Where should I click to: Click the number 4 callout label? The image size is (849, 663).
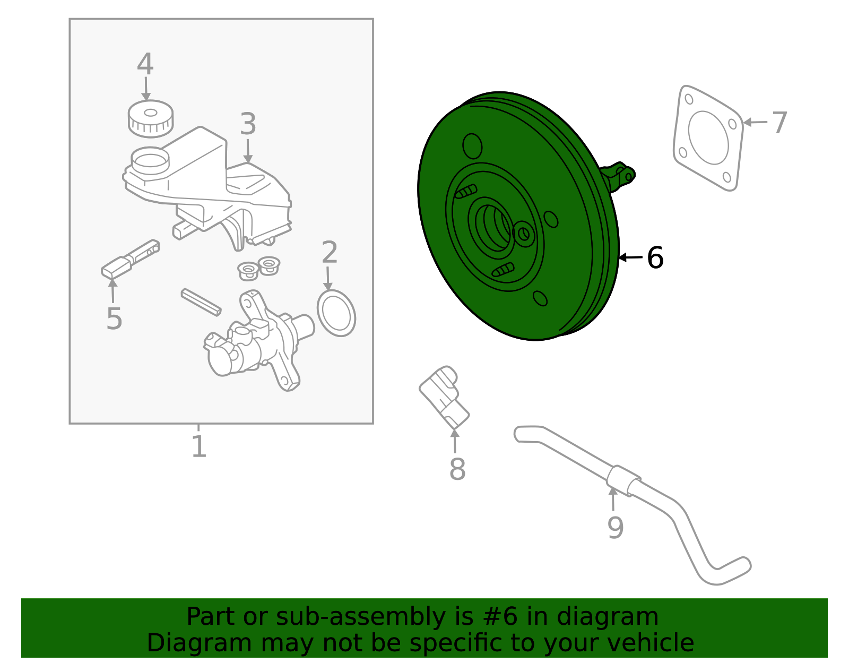pos(145,64)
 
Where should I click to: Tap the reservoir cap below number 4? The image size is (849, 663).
pos(150,117)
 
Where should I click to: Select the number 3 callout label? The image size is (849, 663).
pos(248,124)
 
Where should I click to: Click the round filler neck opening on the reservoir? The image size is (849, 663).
pos(150,159)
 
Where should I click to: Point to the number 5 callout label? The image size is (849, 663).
pos(114,318)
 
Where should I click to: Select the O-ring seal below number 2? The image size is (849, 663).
pos(336,313)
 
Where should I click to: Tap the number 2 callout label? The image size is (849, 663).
pos(330,252)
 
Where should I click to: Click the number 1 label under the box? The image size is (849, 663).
pos(198,446)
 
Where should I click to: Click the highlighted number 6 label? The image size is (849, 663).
pos(655,258)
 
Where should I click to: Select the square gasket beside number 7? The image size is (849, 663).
pos(708,138)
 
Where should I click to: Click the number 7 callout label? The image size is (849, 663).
pos(779,123)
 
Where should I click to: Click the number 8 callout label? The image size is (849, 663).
pos(457,469)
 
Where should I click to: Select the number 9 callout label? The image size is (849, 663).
pos(615,527)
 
